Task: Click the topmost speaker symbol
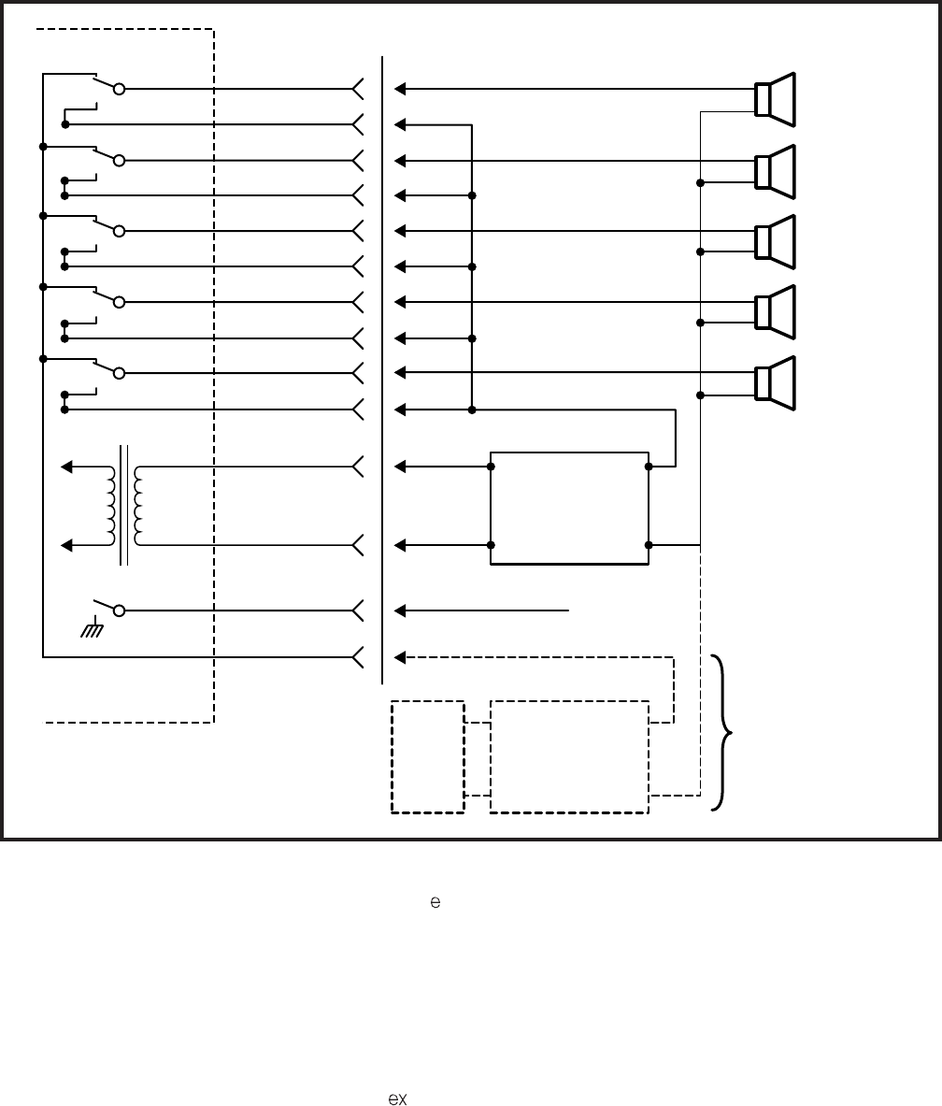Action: pyautogui.click(x=775, y=98)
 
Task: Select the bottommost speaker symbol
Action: pyautogui.click(x=775, y=382)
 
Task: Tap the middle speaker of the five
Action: pyautogui.click(x=775, y=241)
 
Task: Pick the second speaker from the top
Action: pyautogui.click(x=775, y=171)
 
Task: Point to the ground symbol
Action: pyautogui.click(x=92, y=631)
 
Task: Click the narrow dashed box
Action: pyautogui.click(x=428, y=756)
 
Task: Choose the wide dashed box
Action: pyautogui.click(x=569, y=756)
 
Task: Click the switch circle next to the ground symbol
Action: pyautogui.click(x=119, y=610)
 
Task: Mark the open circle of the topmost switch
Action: pyautogui.click(x=119, y=90)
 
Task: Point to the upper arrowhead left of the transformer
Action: pyautogui.click(x=66, y=466)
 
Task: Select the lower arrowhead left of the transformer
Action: pyautogui.click(x=66, y=544)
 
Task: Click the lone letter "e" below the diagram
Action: pyautogui.click(x=435, y=903)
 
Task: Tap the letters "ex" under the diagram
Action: pyautogui.click(x=398, y=1099)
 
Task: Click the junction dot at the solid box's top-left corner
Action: pyautogui.click(x=492, y=466)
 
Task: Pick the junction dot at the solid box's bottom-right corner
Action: pyautogui.click(x=648, y=544)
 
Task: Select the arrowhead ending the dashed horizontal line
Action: pyautogui.click(x=400, y=657)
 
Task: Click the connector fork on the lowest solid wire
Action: pyautogui.click(x=358, y=657)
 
